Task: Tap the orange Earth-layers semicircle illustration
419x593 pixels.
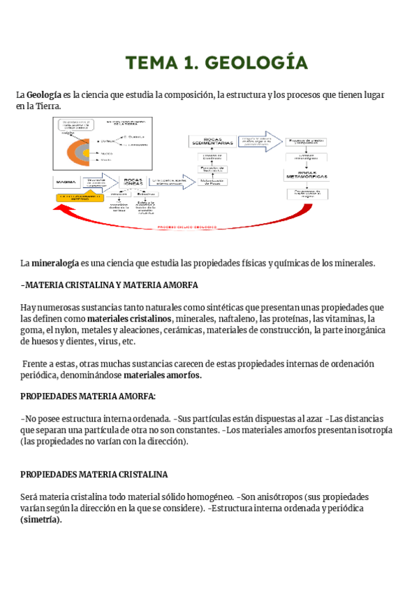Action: [72, 147]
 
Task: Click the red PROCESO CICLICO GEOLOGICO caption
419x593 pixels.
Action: [186, 227]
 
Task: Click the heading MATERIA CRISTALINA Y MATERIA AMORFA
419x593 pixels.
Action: [110, 285]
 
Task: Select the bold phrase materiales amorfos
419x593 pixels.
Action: [162, 375]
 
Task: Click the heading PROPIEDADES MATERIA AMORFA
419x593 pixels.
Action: [89, 396]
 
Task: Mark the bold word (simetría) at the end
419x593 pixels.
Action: [41, 520]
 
